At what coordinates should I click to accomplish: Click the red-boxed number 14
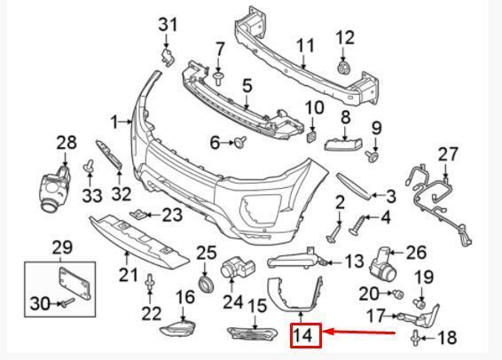pyautogui.click(x=303, y=335)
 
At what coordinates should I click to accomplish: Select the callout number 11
pyautogui.click(x=305, y=46)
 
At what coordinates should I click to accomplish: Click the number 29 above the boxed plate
pyautogui.click(x=61, y=247)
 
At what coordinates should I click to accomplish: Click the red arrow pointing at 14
pyautogui.click(x=358, y=333)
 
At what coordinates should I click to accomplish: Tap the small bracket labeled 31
pyautogui.click(x=168, y=57)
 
